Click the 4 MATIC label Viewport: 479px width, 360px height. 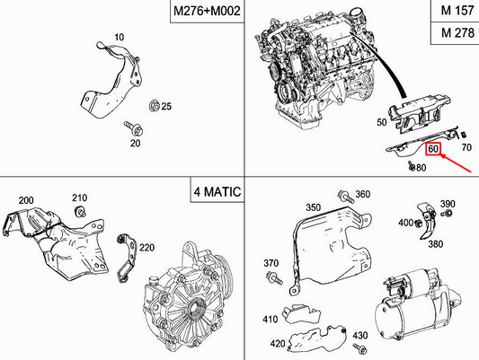coord(215,193)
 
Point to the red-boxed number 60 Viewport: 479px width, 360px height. coord(433,149)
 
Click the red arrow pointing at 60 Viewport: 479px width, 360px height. coord(457,162)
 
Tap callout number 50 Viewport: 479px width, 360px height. coord(382,121)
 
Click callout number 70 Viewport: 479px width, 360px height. coord(466,145)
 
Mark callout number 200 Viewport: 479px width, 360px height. coord(25,199)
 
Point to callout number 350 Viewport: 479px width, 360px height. coord(313,207)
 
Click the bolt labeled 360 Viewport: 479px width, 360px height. coord(344,196)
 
